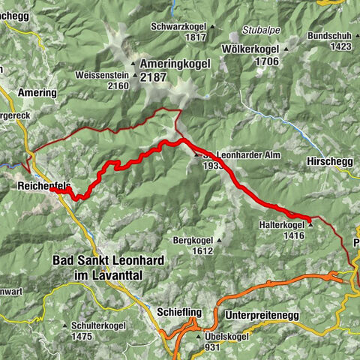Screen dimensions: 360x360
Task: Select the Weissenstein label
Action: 102,75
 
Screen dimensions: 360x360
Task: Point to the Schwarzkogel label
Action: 178,26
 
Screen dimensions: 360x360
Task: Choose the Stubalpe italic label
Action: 259,31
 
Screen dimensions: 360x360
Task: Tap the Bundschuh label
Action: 329,35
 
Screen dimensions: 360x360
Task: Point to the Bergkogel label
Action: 193,241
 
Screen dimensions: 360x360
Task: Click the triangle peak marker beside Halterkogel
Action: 310,223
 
